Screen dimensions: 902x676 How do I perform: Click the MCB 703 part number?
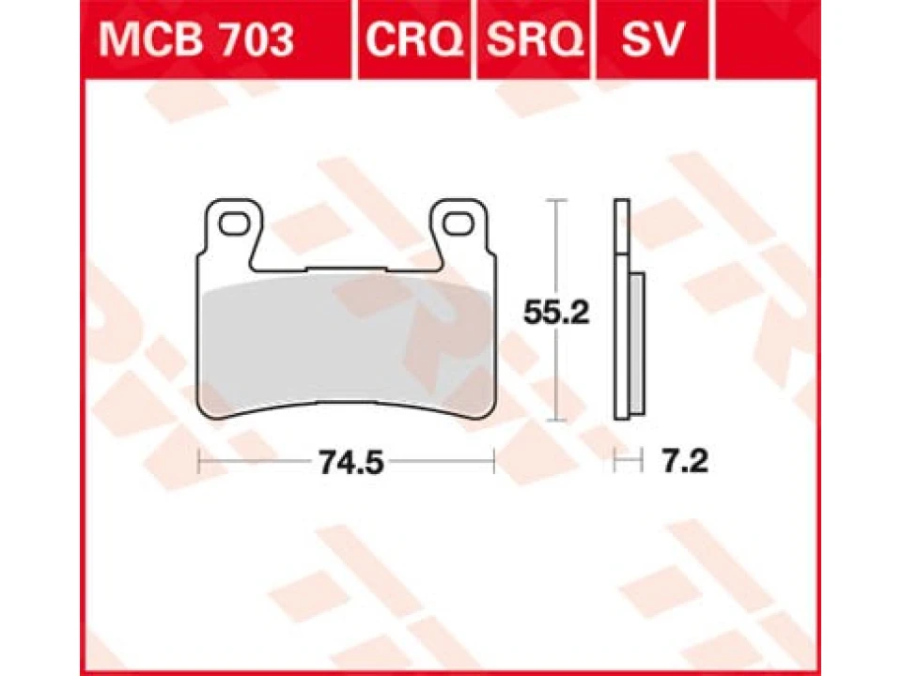click(196, 39)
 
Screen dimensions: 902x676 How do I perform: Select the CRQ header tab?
click(414, 39)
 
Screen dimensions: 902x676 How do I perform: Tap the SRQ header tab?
click(535, 39)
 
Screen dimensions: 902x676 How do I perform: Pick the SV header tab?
click(652, 39)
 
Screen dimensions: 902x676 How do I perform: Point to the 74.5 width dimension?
click(350, 461)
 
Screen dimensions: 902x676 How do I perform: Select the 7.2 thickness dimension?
click(685, 461)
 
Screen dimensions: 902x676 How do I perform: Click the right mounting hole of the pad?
click(459, 223)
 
